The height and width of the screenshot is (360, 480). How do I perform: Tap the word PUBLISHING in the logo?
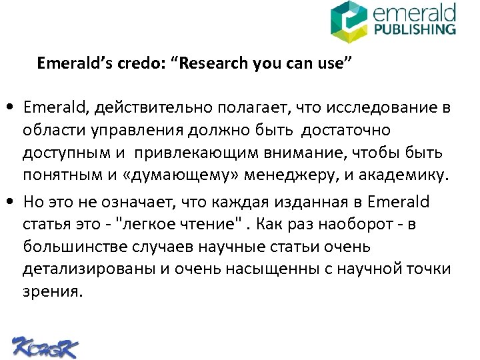(x=415, y=29)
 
